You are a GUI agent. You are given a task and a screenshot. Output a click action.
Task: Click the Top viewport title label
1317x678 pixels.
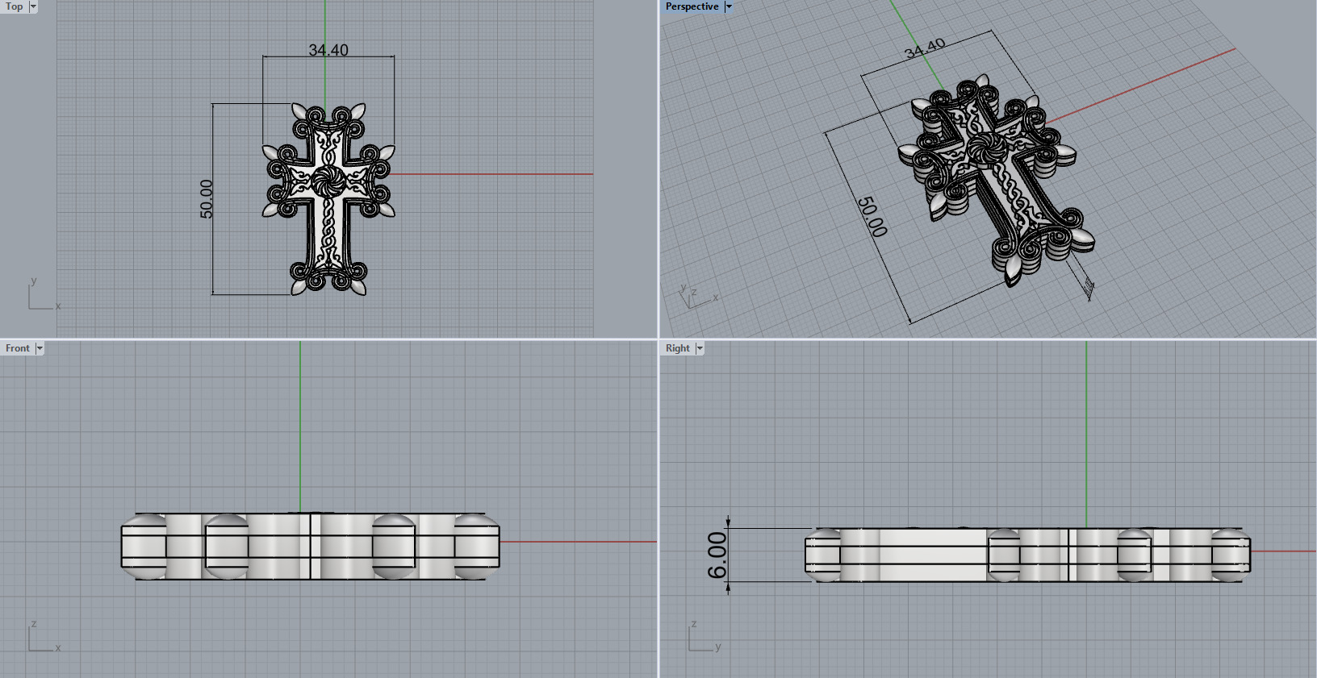(15, 6)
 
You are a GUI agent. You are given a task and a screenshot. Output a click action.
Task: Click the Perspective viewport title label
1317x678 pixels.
(692, 6)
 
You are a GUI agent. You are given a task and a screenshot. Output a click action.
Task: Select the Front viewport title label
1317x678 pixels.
(17, 348)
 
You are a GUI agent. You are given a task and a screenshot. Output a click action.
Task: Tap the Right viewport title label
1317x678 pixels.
(677, 348)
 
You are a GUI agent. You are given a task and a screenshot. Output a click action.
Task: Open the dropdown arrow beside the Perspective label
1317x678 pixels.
(729, 6)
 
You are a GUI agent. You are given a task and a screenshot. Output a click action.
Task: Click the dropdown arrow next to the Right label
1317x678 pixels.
(700, 348)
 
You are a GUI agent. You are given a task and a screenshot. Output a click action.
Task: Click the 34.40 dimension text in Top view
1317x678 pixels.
(328, 50)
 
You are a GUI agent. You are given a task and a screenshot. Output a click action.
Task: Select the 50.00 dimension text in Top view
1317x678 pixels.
(207, 198)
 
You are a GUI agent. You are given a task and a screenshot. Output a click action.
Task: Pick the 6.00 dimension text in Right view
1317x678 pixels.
(717, 555)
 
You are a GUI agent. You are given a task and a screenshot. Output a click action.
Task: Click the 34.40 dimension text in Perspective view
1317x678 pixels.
(925, 49)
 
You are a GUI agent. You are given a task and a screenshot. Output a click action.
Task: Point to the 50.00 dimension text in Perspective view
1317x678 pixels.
(872, 216)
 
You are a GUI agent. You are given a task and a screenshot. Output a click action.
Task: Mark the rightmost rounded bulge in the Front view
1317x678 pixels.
(476, 546)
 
